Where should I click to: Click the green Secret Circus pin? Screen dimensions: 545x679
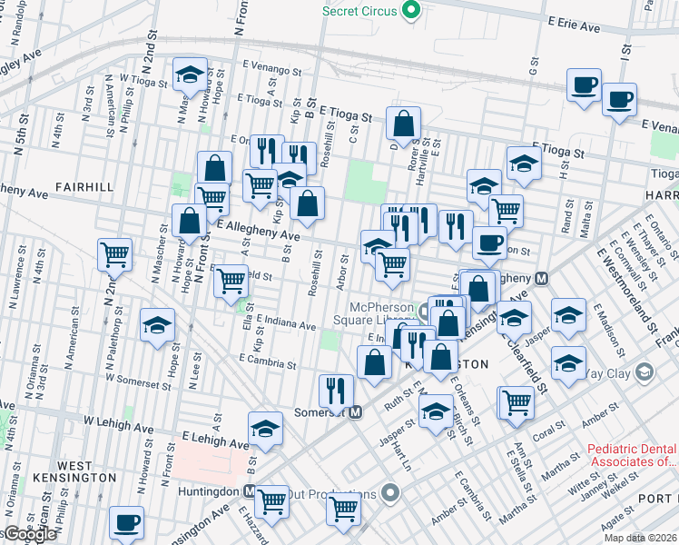pos(410,11)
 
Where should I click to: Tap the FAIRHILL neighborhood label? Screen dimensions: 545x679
pos(84,186)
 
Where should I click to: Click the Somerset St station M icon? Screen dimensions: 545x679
pos(357,411)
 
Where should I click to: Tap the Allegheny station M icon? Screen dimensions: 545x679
pos(541,278)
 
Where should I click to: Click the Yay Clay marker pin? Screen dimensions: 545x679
pos(644,372)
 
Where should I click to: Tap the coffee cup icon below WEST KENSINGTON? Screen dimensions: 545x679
pos(126,523)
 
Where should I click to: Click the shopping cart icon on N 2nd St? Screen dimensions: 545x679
pos(114,255)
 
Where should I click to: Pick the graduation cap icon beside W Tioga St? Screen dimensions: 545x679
pos(190,74)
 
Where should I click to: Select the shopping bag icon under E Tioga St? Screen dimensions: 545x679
pos(403,123)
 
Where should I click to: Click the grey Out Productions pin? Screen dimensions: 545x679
pos(390,494)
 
